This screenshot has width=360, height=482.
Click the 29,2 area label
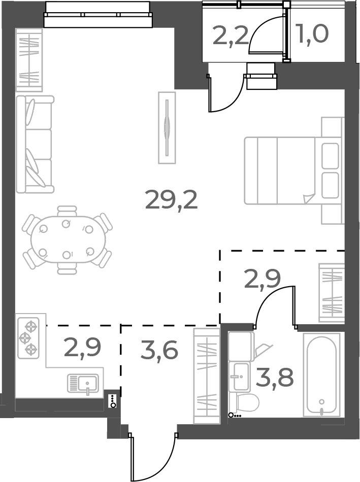click(x=171, y=200)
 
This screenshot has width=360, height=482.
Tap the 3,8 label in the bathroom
click(x=274, y=378)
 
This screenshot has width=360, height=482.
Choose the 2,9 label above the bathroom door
click(x=263, y=279)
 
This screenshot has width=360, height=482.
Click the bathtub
click(x=321, y=374)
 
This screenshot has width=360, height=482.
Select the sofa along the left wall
click(x=35, y=144)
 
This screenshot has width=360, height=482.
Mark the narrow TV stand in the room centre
click(x=167, y=127)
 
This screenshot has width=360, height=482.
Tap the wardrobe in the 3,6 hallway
click(x=206, y=375)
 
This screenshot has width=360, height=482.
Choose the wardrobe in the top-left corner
click(x=29, y=60)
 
